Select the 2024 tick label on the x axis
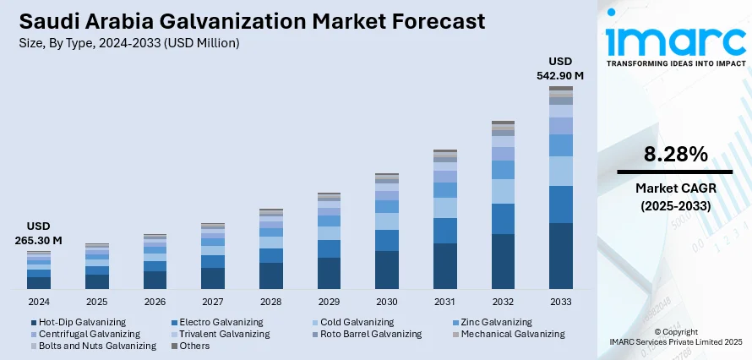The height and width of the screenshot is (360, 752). pyautogui.click(x=39, y=302)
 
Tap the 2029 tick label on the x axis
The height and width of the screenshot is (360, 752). pyautogui.click(x=329, y=302)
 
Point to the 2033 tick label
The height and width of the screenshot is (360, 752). pyautogui.click(x=560, y=302)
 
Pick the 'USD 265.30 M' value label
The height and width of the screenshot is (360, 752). pyautogui.click(x=39, y=233)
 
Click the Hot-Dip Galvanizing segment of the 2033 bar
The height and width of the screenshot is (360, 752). pyautogui.click(x=560, y=255)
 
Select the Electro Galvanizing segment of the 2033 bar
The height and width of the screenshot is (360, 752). pyautogui.click(x=560, y=205)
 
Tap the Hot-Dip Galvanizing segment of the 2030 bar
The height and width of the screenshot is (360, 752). pyautogui.click(x=387, y=270)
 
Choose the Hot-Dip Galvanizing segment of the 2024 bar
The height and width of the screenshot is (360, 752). pyautogui.click(x=39, y=282)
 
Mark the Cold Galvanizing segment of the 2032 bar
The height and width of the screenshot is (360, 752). pyautogui.click(x=503, y=191)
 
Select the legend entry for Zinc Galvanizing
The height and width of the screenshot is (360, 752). pyautogui.click(x=496, y=322)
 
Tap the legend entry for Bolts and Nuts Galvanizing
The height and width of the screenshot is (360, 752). pyautogui.click(x=97, y=346)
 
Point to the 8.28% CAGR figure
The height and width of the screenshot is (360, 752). pyautogui.click(x=674, y=155)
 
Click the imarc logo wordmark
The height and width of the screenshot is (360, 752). pyautogui.click(x=676, y=40)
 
